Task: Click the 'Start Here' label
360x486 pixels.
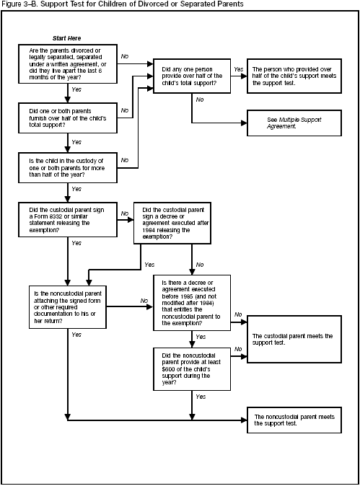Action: coord(67,37)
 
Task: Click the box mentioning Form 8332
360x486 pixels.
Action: coord(67,219)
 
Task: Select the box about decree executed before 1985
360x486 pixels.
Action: coord(191,303)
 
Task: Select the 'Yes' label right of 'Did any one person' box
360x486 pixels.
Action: coord(237,69)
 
